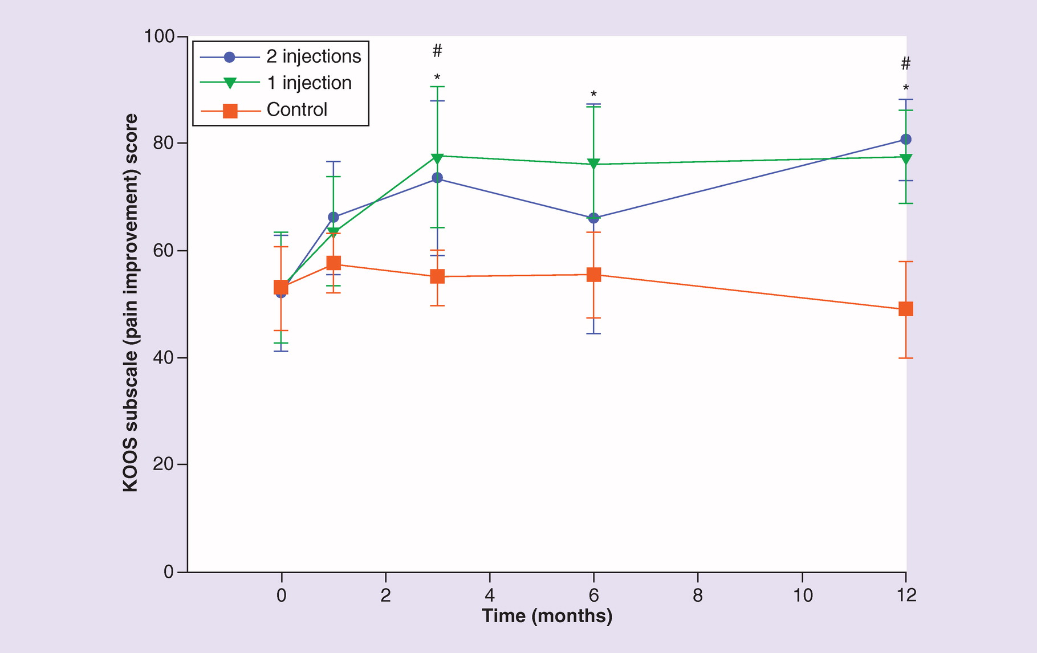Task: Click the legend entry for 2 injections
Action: click(314, 56)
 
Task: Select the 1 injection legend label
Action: click(309, 83)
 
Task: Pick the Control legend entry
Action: click(296, 109)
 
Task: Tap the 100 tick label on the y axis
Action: click(159, 36)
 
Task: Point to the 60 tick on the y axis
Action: click(164, 251)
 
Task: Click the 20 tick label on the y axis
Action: click(164, 464)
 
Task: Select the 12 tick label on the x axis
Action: click(906, 596)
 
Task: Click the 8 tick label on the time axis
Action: click(698, 596)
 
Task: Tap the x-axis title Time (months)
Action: click(547, 616)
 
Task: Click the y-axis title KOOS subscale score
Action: click(131, 303)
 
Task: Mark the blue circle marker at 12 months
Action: click(906, 140)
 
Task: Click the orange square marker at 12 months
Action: click(906, 309)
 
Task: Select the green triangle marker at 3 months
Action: click(437, 157)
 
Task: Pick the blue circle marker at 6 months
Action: click(593, 218)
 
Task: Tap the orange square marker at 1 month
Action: click(334, 263)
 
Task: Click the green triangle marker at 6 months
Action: click(593, 164)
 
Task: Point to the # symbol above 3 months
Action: click(437, 51)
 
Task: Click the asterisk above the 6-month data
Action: click(593, 94)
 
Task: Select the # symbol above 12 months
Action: click(906, 64)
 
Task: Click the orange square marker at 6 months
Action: click(593, 275)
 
